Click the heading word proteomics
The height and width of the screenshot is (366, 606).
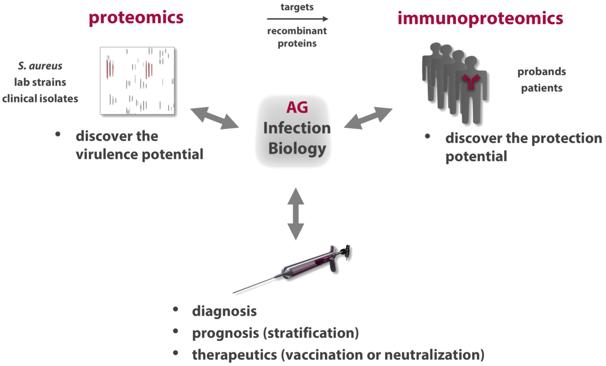[136, 18]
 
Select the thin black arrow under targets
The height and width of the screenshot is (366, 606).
[295, 19]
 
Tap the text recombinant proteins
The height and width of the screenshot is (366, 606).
[297, 37]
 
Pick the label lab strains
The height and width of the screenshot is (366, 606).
[40, 82]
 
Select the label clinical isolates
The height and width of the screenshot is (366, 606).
[40, 99]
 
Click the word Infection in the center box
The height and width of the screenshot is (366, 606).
[297, 128]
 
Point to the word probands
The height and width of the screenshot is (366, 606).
[541, 72]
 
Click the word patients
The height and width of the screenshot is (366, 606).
[541, 88]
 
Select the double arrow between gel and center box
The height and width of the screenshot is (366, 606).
[214, 118]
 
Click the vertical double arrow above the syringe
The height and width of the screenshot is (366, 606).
[296, 213]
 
